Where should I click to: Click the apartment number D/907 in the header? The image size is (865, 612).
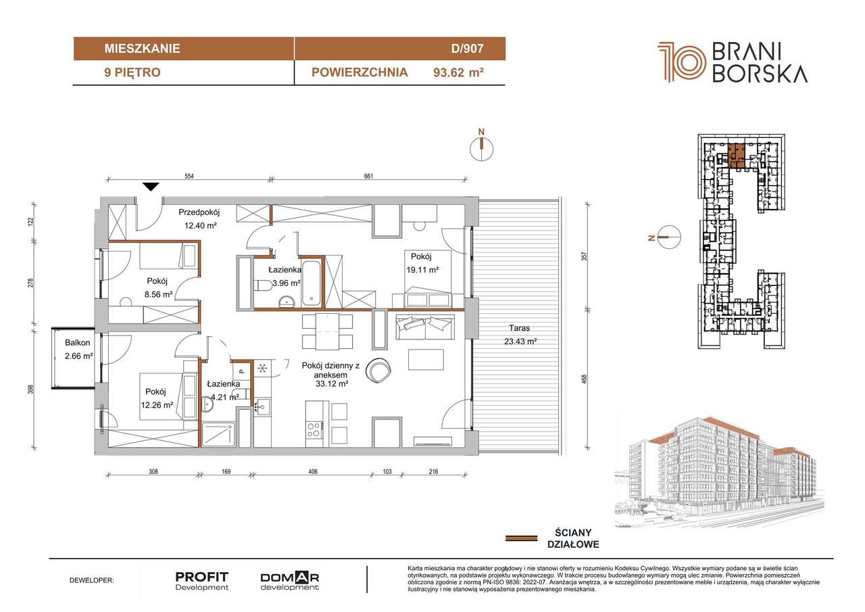click(x=467, y=49)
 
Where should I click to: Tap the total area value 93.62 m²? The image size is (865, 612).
click(x=458, y=72)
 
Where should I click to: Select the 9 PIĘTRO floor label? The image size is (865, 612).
click(x=132, y=72)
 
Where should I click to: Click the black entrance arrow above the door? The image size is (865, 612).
click(x=151, y=187)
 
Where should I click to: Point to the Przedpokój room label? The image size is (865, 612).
click(x=199, y=212)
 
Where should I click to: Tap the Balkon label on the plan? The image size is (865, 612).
click(x=77, y=343)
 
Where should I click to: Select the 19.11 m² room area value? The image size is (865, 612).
click(x=422, y=270)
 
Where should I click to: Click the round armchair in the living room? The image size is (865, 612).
click(x=378, y=370)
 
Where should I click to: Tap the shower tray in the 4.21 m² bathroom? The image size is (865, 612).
click(x=218, y=435)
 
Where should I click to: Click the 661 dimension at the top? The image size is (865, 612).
click(x=369, y=176)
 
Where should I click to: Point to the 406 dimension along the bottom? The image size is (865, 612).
click(x=313, y=471)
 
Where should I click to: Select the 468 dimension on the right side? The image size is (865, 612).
click(x=584, y=379)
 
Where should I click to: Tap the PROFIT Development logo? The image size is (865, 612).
click(x=201, y=581)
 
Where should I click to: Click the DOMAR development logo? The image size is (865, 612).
click(x=290, y=581)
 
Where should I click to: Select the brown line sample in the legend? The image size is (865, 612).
click(x=521, y=538)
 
